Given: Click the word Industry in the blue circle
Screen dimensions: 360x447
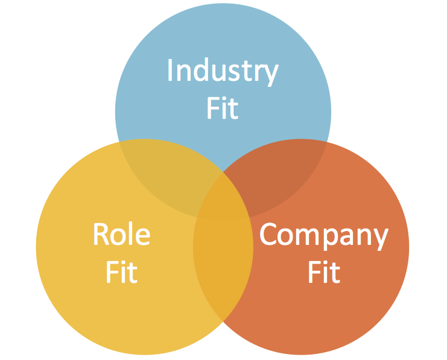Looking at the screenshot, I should tap(223, 71).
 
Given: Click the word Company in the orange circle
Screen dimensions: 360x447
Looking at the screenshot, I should tap(323, 235).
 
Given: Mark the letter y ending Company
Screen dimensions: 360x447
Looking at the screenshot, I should tap(379, 238).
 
